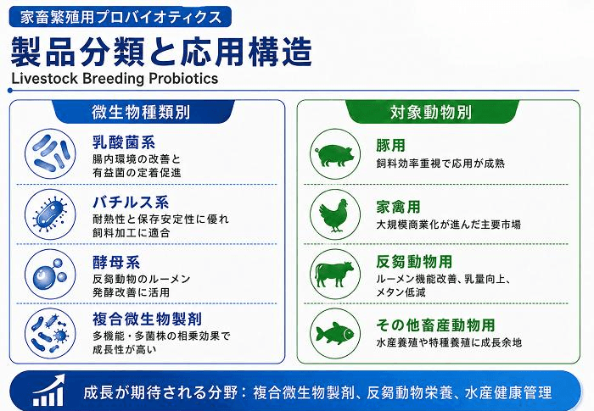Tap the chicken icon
333,215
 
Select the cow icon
334,274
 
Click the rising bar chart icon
48,391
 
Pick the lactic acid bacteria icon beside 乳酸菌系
50,153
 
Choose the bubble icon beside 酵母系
50,274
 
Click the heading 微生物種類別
141,113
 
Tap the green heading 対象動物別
431,113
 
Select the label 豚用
391,145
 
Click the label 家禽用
399,207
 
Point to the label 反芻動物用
414,262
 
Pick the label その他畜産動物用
435,325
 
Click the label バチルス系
131,203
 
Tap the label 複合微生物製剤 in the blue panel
147,319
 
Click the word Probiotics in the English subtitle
183,78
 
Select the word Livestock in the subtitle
45,78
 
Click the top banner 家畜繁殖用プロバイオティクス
120,18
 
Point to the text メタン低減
401,292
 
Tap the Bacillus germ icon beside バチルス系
50,214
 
